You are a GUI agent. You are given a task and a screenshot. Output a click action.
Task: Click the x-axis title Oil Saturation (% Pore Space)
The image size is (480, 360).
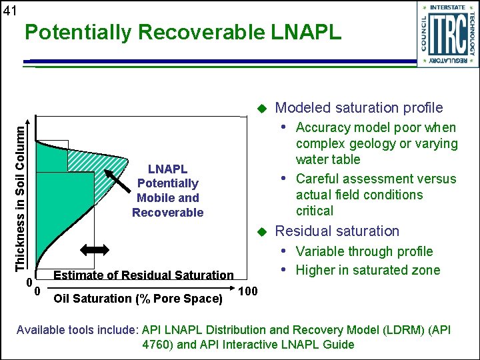[137, 298]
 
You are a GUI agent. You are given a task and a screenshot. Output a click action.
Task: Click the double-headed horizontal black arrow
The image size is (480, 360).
[94, 249]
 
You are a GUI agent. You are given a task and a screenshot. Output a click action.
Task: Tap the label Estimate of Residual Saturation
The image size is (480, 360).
[143, 275]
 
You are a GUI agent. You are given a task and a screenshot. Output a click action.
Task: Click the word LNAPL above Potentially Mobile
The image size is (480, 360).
[167, 169]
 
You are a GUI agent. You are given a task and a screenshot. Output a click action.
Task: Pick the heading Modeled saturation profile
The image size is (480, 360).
[359, 108]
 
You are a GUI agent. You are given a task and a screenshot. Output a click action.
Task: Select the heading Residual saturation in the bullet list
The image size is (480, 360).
[337, 231]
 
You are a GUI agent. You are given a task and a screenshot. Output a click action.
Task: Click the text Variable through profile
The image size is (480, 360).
[364, 251]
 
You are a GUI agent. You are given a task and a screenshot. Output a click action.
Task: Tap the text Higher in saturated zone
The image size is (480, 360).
[368, 270]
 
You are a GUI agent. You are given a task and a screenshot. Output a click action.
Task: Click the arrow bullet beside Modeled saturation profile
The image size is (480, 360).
[261, 108]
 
